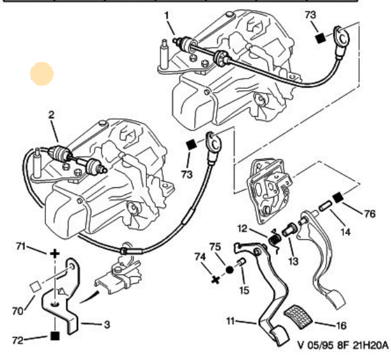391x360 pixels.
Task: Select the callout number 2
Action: (x=50, y=116)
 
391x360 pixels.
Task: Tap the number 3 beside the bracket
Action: (x=107, y=324)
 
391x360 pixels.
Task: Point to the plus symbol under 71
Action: (x=54, y=254)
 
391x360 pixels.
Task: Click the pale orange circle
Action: (x=42, y=75)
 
